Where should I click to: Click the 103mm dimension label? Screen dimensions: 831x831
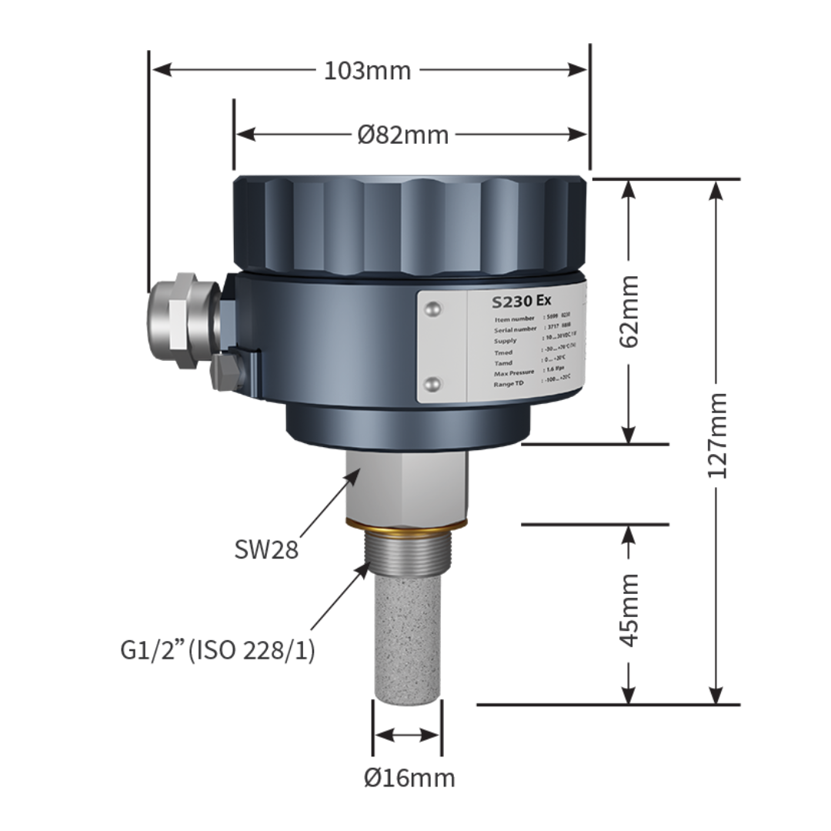[x=367, y=71]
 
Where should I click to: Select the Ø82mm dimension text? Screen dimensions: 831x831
[x=402, y=135]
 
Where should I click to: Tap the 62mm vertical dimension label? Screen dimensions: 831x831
[x=629, y=311]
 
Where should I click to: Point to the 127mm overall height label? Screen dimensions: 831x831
[x=717, y=436]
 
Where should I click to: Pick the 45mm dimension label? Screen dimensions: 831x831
[x=629, y=609]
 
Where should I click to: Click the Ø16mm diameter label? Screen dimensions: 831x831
[x=409, y=778]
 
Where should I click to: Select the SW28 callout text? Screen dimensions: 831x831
[x=266, y=549]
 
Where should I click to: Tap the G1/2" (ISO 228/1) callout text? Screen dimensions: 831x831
[x=218, y=650]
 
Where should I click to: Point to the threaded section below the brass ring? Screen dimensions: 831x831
[x=405, y=562]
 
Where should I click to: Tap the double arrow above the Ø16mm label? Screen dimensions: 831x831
[x=406, y=735]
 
